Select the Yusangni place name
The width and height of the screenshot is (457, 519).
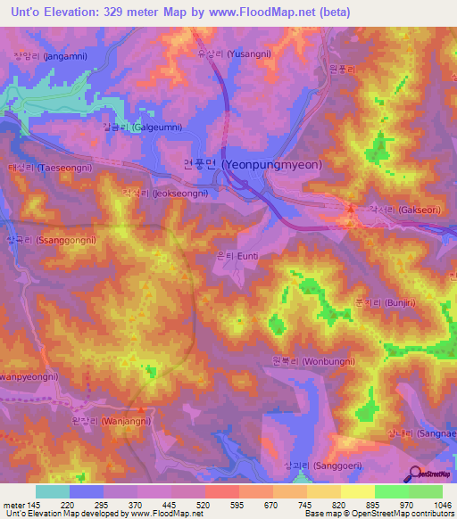235,54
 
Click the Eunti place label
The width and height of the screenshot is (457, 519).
237,255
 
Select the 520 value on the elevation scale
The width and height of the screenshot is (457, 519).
204,504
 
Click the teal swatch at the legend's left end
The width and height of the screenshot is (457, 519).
53,491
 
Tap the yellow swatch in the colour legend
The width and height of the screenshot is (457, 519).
357,491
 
